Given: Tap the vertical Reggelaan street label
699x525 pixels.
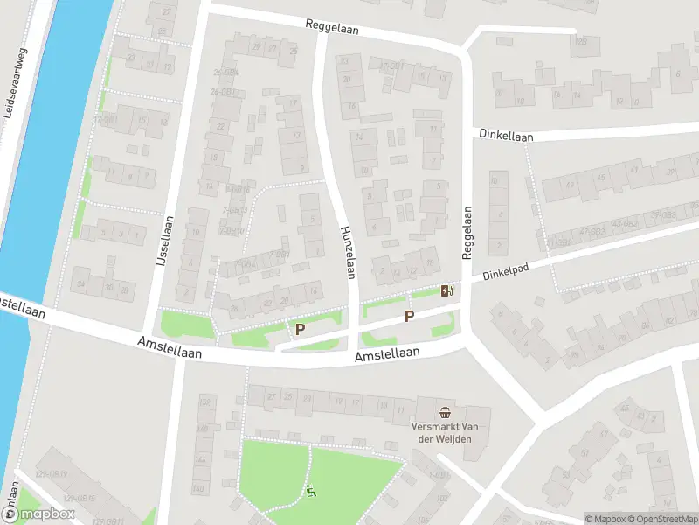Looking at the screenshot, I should (x=467, y=232).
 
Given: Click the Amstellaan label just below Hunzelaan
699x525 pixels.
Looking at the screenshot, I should (x=388, y=353).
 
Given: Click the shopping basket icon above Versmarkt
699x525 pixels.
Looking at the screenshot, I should (x=446, y=412).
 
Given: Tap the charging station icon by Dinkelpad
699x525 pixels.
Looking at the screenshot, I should (x=447, y=291).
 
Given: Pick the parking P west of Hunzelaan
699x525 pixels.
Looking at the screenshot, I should (x=301, y=329).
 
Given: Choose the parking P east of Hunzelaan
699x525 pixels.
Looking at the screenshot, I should (x=408, y=315).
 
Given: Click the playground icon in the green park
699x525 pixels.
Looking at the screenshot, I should (x=310, y=492).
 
